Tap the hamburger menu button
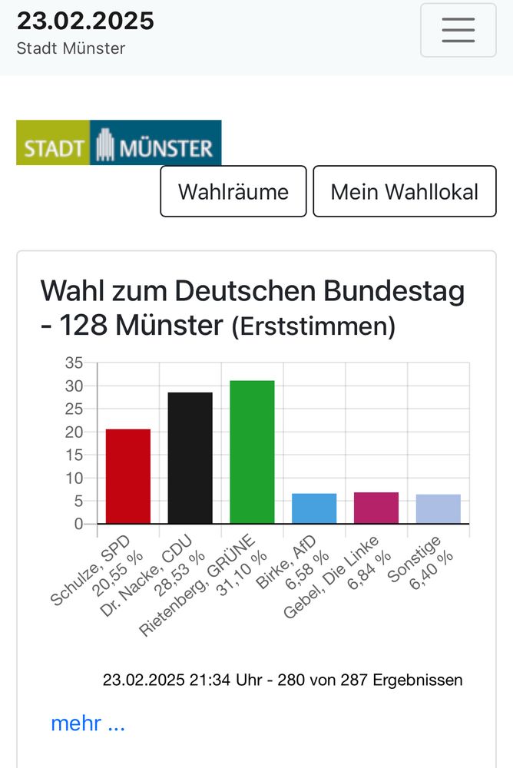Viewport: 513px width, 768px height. pos(458,30)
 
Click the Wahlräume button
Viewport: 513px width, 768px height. pos(233,191)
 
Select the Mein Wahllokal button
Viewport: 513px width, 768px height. pos(404,191)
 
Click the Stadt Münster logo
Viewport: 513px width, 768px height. pos(118,142)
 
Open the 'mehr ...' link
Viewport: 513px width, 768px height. pos(88,723)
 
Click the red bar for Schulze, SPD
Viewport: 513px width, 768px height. pos(127,476)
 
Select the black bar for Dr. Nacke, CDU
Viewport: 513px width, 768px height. pos(190,458)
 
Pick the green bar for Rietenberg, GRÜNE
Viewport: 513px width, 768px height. pos(252,452)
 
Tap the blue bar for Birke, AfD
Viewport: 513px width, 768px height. pos(314,508)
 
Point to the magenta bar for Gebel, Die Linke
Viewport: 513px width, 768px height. pos(376,508)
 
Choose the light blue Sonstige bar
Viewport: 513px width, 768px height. pos(438,509)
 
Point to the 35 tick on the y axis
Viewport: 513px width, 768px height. pos(74,362)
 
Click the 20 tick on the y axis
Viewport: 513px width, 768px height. pos(74,432)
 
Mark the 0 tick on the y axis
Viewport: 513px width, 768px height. pos(78,524)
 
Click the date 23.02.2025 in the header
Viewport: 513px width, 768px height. pos(85,21)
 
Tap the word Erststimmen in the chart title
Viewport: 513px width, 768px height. pos(313,327)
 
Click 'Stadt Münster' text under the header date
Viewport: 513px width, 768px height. pos(71,48)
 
